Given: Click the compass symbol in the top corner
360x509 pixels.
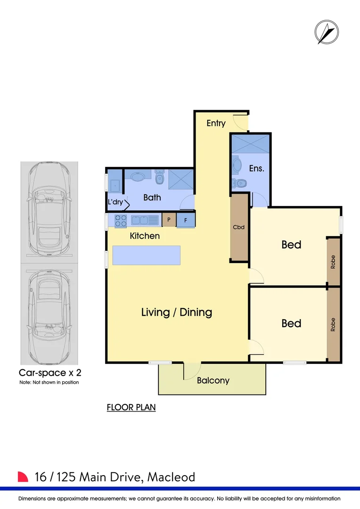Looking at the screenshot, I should coord(327,33).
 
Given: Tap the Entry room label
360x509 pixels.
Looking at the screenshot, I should coord(216,123).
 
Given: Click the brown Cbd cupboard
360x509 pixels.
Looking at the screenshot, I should coord(239,227).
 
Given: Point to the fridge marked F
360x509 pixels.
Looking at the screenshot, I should coord(186,220).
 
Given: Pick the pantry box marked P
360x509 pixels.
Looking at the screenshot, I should coord(168,220).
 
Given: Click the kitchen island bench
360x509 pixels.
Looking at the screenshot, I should coord(147,256).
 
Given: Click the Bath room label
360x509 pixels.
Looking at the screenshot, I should coord(152,197).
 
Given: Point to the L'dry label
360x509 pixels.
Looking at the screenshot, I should coord(115,202).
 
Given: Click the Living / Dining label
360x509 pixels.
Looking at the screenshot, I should coord(177,312).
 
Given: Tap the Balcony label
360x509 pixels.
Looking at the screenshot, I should coord(213,380).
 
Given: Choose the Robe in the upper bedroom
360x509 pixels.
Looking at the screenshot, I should coord(333,262).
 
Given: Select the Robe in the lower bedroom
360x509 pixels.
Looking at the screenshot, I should coord(333,324).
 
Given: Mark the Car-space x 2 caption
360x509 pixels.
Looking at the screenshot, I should coord(49,372).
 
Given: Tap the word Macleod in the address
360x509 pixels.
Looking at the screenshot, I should coord(171,477).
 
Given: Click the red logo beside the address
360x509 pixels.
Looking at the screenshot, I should coord(23,476).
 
